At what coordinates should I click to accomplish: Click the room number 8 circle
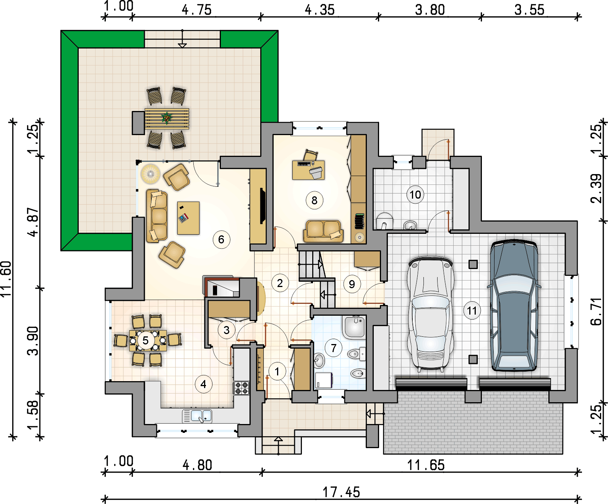click(x=314, y=201)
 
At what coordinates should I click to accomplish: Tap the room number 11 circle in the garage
click(x=472, y=311)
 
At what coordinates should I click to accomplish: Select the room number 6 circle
click(x=221, y=240)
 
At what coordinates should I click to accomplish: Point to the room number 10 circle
click(x=415, y=194)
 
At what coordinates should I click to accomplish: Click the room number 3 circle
click(x=227, y=330)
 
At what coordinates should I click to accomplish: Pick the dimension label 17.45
click(x=341, y=492)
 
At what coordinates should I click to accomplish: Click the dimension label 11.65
click(x=426, y=465)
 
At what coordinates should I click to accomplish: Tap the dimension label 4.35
click(x=320, y=10)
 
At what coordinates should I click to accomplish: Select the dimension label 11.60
click(x=6, y=279)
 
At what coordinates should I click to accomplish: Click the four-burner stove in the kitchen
click(x=242, y=388)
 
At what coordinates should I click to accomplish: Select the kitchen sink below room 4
click(x=197, y=416)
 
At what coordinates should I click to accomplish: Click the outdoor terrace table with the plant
click(x=167, y=119)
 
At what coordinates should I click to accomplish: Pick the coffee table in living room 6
click(x=188, y=218)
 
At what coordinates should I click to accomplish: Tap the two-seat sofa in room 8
click(x=323, y=231)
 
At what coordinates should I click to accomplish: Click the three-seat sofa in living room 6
click(x=157, y=216)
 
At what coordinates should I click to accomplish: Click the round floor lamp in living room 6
click(x=150, y=174)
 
